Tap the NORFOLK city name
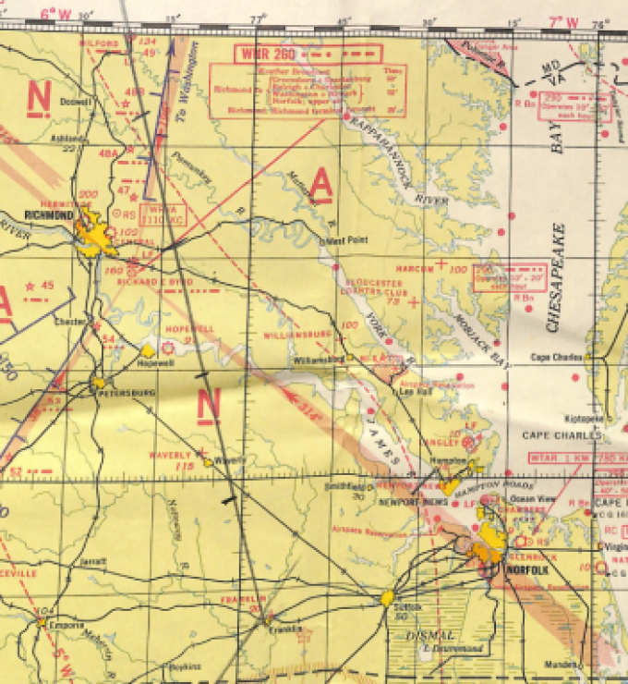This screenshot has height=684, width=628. pos(528,570)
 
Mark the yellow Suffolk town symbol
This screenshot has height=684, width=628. pos(388,598)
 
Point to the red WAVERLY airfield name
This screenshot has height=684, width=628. pos(172,455)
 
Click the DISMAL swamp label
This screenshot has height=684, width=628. pos(430,636)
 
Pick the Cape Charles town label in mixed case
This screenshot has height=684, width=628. pos(553,358)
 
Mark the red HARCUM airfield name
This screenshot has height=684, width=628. pos(415,268)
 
